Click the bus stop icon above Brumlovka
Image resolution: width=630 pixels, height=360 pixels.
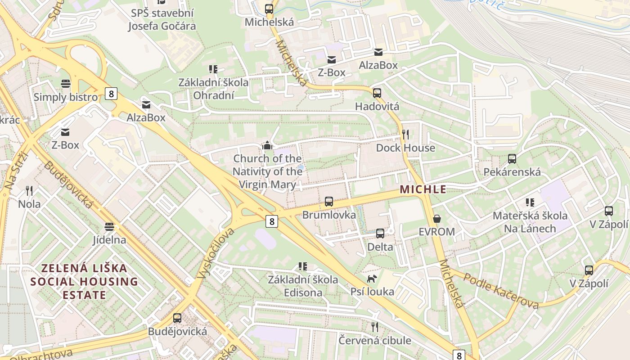pyautogui.click(x=329, y=202)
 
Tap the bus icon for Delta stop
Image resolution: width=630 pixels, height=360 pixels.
pyautogui.click(x=380, y=234)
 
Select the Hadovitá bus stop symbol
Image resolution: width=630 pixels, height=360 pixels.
pyautogui.click(x=377, y=93)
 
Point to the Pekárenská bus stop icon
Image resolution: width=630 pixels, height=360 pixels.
pyautogui.click(x=512, y=159)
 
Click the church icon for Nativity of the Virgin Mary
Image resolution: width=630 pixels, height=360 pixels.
pyautogui.click(x=267, y=145)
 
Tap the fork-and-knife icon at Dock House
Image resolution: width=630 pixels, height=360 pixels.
pyautogui.click(x=405, y=134)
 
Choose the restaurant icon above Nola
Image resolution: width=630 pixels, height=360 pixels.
pyautogui.click(x=29, y=191)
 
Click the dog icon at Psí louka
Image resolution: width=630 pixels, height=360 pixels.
pyautogui.click(x=372, y=279)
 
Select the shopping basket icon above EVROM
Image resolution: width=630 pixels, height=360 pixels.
pyautogui.click(x=436, y=219)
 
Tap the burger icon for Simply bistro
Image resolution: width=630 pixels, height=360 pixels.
pyautogui.click(x=66, y=84)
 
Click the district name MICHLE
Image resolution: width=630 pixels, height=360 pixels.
pyautogui.click(x=423, y=189)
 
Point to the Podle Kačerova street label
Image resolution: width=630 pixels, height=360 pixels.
pyautogui.click(x=501, y=291)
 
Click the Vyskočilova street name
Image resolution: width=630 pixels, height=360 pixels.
pyautogui.click(x=216, y=253)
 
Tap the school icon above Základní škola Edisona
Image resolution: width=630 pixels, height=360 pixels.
pyautogui.click(x=303, y=266)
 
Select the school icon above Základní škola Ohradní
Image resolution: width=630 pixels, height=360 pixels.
pyautogui.click(x=213, y=69)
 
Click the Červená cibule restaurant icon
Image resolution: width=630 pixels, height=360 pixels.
pyautogui.click(x=374, y=327)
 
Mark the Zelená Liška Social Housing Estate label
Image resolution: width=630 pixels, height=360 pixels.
pyautogui.click(x=85, y=282)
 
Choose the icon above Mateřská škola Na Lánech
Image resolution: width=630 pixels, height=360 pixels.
pyautogui.click(x=530, y=202)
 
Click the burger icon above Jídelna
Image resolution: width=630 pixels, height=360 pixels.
pyautogui.click(x=109, y=226)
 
